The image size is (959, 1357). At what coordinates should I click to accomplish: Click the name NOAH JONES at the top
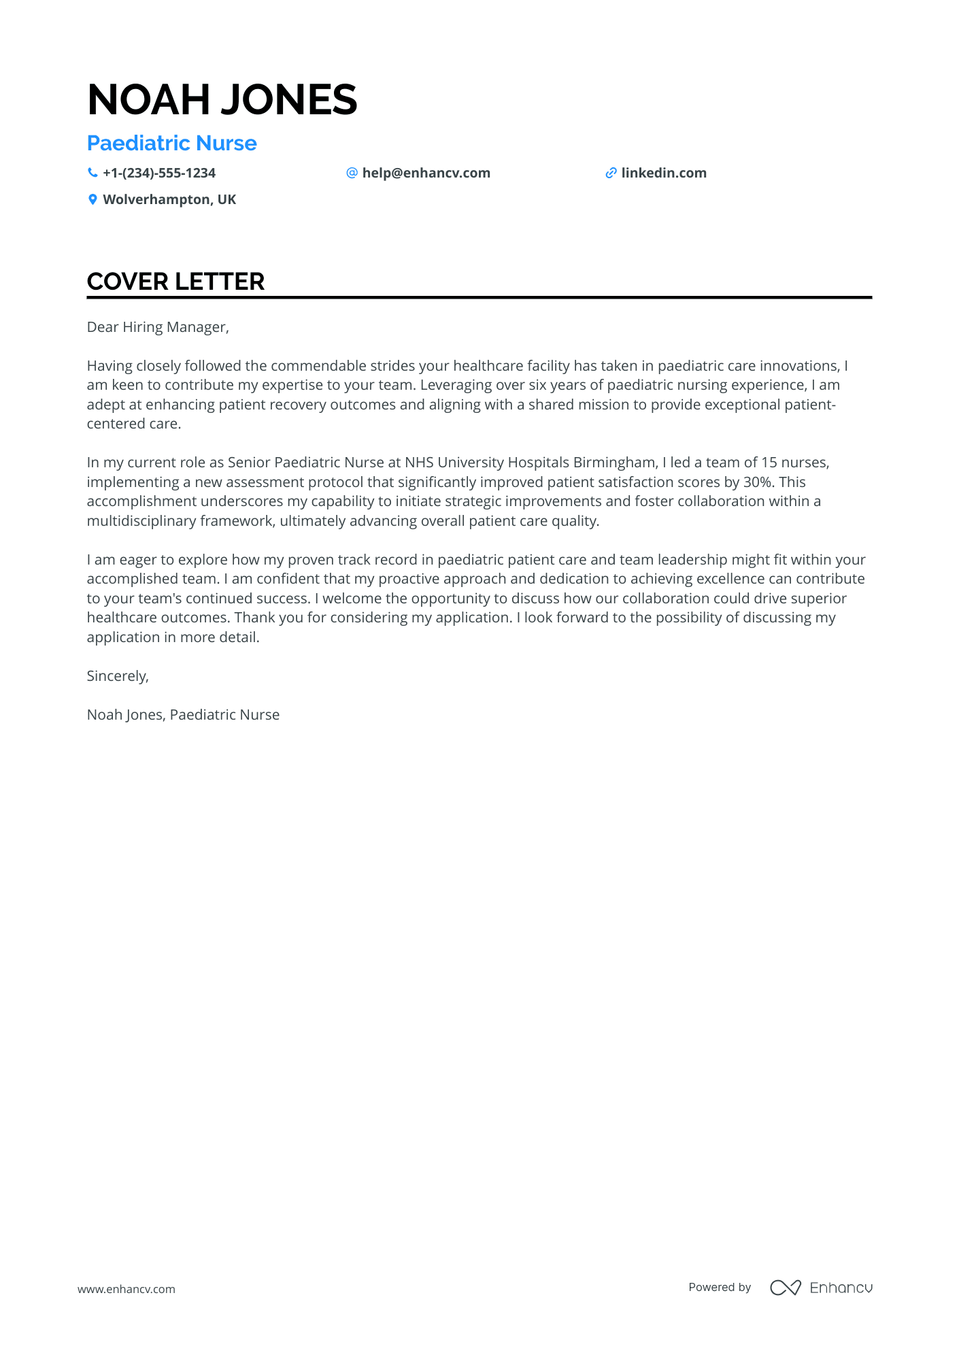pyautogui.click(x=222, y=99)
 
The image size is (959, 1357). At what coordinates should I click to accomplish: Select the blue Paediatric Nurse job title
pyautogui.click(x=171, y=143)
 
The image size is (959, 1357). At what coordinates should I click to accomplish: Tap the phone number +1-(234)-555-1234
pyautogui.click(x=158, y=173)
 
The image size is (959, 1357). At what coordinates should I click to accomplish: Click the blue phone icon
pyautogui.click(x=92, y=173)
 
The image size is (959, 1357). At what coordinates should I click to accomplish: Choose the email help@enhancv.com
pyautogui.click(x=426, y=173)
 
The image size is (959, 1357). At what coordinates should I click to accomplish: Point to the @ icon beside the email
pyautogui.click(x=352, y=173)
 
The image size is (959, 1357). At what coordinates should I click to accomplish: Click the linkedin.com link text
pyautogui.click(x=663, y=173)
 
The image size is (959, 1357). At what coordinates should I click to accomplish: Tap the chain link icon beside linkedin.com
pyautogui.click(x=611, y=173)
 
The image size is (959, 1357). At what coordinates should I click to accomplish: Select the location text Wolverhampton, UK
pyautogui.click(x=169, y=199)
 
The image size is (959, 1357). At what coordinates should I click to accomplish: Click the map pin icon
pyautogui.click(x=92, y=199)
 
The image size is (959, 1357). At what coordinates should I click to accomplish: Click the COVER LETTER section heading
pyautogui.click(x=175, y=282)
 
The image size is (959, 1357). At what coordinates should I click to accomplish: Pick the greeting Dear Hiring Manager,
pyautogui.click(x=158, y=327)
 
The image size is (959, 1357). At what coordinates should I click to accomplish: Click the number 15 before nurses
pyautogui.click(x=769, y=463)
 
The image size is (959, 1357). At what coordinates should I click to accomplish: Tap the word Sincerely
pyautogui.click(x=116, y=676)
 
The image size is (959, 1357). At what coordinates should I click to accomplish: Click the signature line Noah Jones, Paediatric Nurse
pyautogui.click(x=183, y=715)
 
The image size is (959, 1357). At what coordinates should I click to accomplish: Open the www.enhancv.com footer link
pyautogui.click(x=126, y=1289)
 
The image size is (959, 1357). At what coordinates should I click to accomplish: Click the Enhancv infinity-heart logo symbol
pyautogui.click(x=785, y=1288)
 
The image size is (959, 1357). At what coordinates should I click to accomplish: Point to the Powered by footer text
pyautogui.click(x=719, y=1287)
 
